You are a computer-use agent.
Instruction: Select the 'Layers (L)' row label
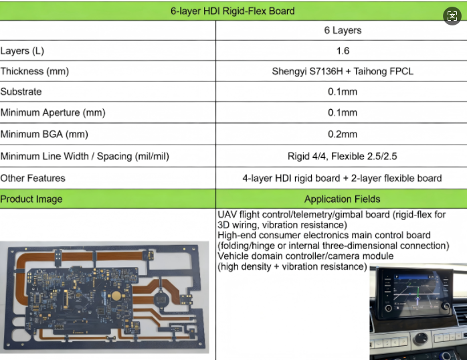click(22, 51)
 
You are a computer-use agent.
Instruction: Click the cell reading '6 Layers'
click(342, 30)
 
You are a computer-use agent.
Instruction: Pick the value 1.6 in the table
click(342, 51)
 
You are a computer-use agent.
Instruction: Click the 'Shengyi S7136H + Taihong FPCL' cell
click(342, 71)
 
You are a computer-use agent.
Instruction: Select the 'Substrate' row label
click(21, 92)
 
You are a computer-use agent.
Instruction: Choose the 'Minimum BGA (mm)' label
click(43, 134)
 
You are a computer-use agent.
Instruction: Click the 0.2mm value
click(342, 134)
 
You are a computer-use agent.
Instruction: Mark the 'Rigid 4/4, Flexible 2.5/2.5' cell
click(342, 157)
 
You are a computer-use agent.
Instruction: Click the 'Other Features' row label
click(33, 178)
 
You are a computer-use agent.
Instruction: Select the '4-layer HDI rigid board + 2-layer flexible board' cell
click(342, 178)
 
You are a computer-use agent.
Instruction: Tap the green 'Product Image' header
click(31, 199)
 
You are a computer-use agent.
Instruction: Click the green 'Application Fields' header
click(342, 199)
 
